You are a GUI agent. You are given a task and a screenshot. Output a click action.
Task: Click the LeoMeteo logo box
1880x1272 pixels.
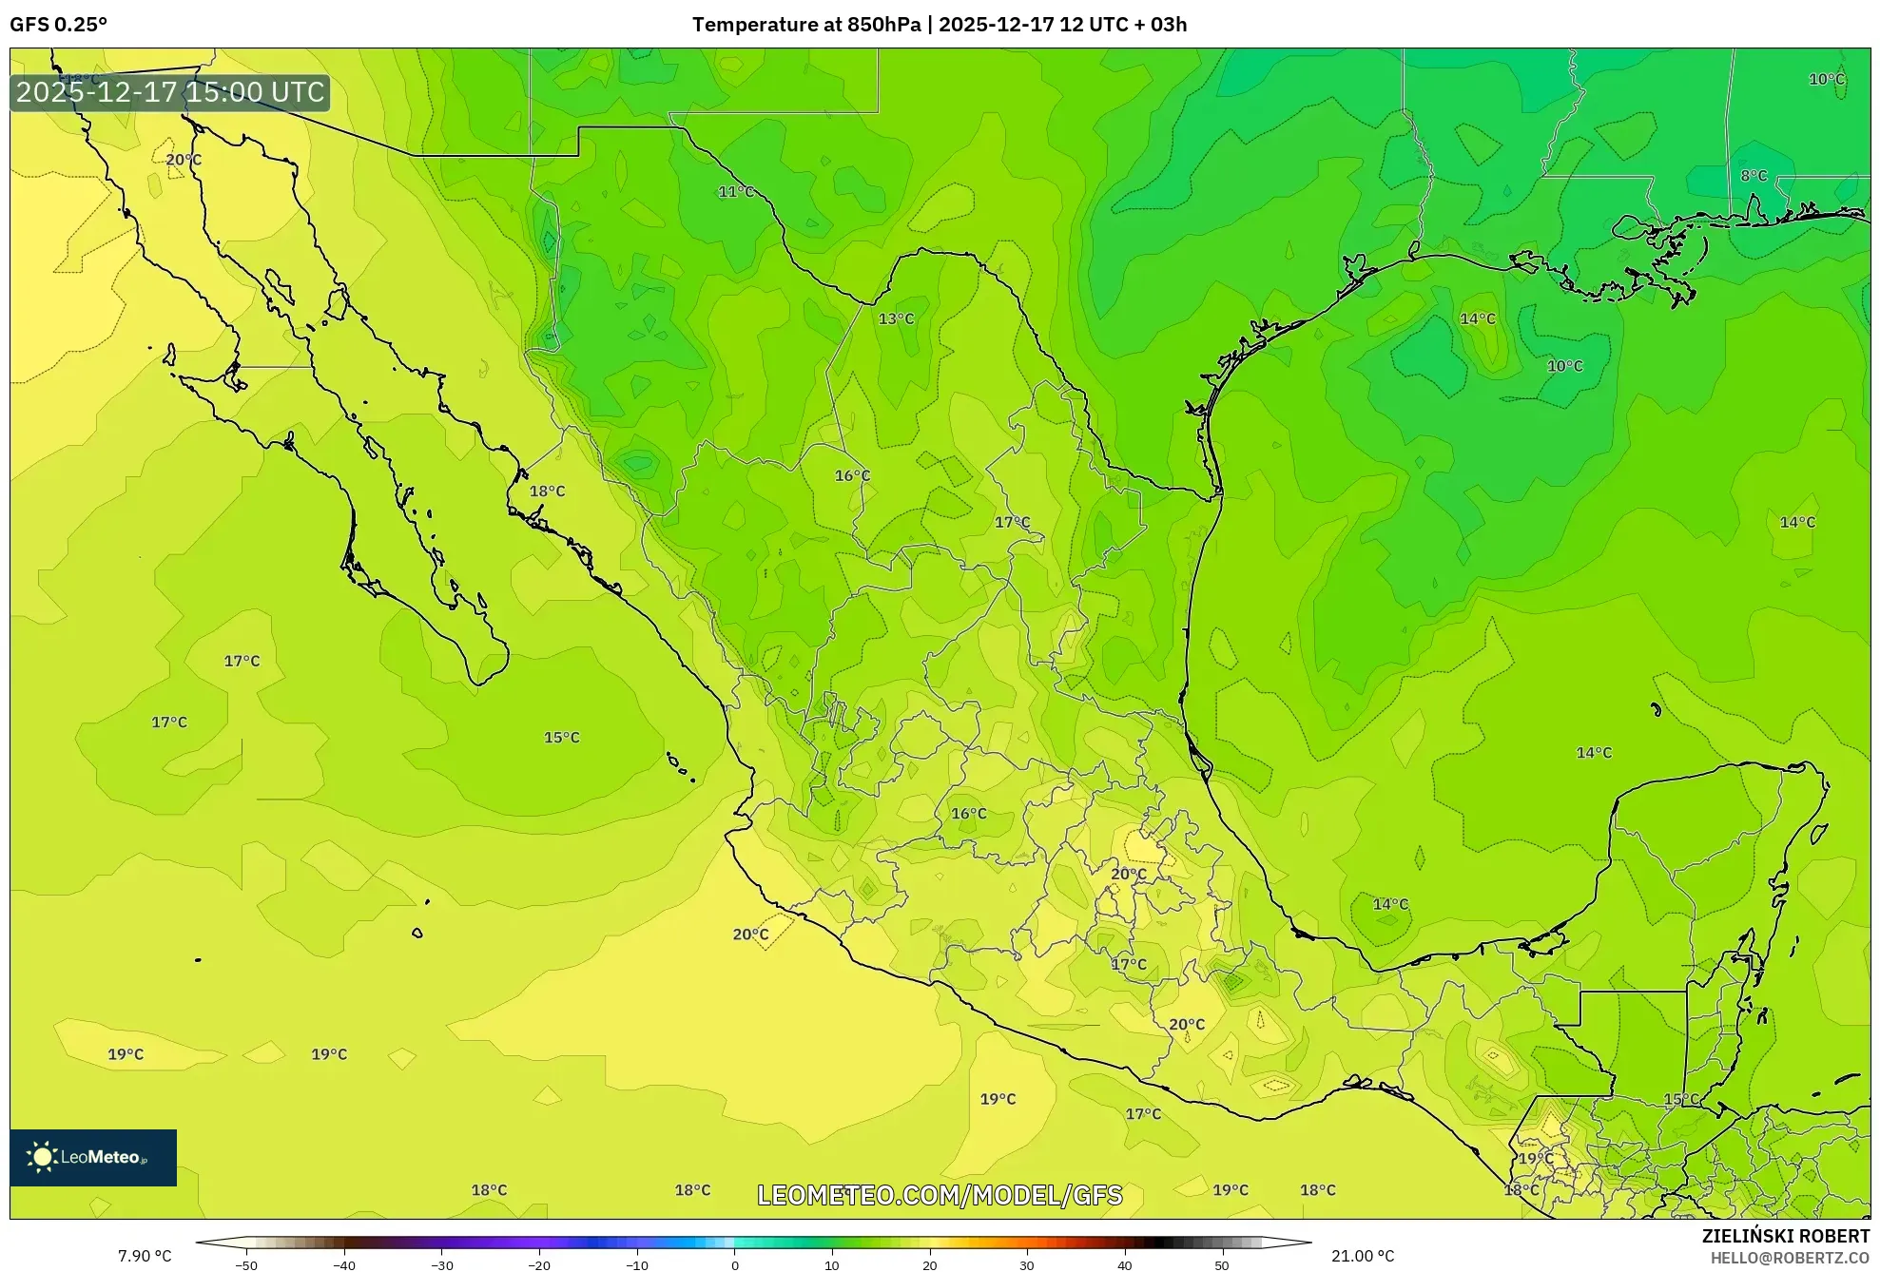93,1157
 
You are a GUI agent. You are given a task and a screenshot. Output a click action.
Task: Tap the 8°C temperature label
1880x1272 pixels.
1754,176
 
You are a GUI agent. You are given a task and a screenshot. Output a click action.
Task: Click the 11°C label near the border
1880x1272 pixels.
736,192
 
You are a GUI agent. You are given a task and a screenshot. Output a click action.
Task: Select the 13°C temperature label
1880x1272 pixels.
896,318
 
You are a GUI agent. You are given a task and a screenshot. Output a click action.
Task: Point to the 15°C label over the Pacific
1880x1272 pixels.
561,738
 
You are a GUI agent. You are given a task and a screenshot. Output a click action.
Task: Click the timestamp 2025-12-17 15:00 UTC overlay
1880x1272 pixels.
171,92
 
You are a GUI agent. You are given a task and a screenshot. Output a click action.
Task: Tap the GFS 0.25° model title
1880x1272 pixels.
59,25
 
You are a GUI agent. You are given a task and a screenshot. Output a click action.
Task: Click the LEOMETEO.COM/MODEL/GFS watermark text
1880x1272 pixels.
940,1195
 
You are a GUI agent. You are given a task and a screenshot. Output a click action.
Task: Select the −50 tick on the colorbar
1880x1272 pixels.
246,1265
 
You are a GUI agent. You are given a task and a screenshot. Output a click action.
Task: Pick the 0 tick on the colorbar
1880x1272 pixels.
734,1265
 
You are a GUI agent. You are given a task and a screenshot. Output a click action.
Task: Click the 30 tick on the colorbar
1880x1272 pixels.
1027,1265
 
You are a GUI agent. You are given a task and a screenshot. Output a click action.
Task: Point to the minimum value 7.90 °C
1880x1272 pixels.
145,1256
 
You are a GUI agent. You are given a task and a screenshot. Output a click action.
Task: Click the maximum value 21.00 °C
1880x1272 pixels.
1363,1256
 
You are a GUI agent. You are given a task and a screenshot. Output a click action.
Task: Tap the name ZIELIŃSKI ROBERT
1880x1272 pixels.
1785,1236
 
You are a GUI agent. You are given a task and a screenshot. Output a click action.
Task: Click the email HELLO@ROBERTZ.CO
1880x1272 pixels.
1790,1258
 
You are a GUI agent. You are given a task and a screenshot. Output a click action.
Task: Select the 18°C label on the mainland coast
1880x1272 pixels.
547,491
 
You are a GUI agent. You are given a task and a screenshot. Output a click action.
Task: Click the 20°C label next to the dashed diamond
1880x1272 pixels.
750,935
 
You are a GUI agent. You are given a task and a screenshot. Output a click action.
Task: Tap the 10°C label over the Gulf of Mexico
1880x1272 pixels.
1564,366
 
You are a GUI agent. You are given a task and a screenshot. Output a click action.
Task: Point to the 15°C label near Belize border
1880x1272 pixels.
1681,1099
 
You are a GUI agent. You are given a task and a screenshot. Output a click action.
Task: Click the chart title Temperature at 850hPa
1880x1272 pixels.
806,25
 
